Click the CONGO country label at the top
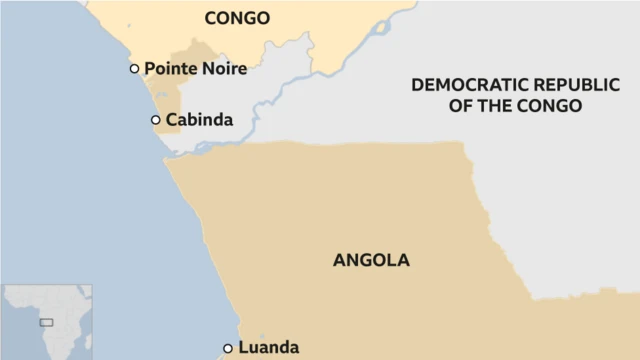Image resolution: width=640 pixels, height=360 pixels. click(237, 18)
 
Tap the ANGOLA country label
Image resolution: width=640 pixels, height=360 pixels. click(371, 260)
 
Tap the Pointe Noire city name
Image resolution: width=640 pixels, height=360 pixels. click(195, 69)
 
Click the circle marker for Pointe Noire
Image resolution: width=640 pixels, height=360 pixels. click(134, 69)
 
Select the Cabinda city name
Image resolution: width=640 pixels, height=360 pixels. click(199, 120)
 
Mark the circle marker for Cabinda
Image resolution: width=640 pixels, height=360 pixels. click(155, 120)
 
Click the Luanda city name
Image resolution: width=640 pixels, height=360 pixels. click(268, 348)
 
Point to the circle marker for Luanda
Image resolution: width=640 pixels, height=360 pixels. click(228, 348)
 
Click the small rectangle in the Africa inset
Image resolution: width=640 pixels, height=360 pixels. click(45, 323)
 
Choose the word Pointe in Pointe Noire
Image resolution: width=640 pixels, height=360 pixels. click(170, 69)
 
